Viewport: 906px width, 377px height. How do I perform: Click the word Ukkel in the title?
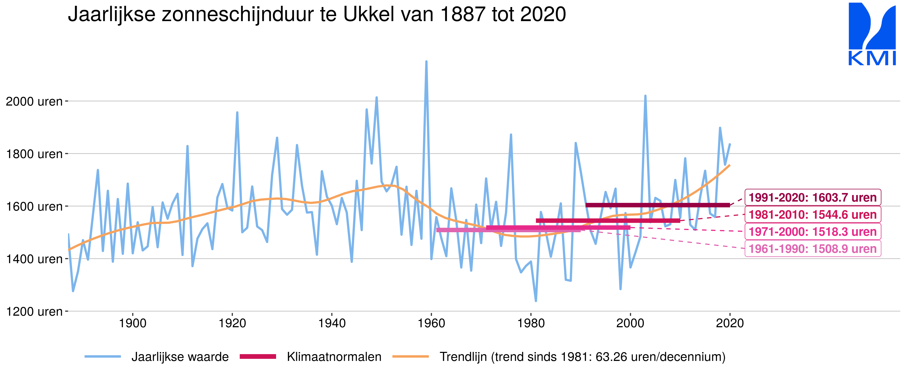coord(372,15)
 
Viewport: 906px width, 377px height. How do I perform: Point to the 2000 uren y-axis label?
coord(34,102)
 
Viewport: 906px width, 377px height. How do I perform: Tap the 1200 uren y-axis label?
coord(34,312)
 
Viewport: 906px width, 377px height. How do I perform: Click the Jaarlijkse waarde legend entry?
coord(180,357)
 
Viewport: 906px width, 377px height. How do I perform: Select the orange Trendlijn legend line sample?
coord(410,357)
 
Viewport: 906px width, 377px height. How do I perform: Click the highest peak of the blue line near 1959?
coord(426,62)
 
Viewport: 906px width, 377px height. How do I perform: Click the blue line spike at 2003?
coord(645,96)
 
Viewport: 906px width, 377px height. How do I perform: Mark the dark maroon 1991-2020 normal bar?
coord(657,205)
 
